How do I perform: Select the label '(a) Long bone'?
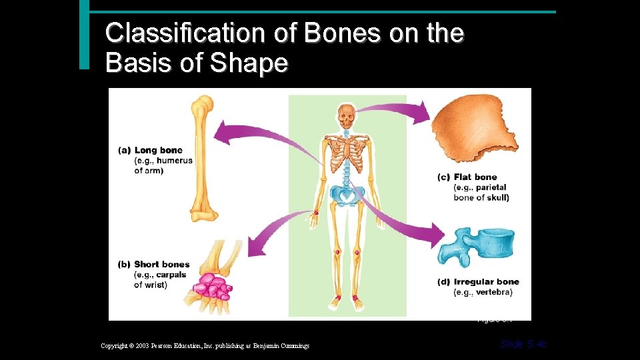[150, 150]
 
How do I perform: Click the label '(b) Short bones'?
[154, 264]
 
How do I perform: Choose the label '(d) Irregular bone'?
[478, 282]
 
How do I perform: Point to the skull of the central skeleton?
[345, 117]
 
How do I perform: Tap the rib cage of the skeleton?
[347, 156]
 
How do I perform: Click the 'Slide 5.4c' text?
[523, 344]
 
